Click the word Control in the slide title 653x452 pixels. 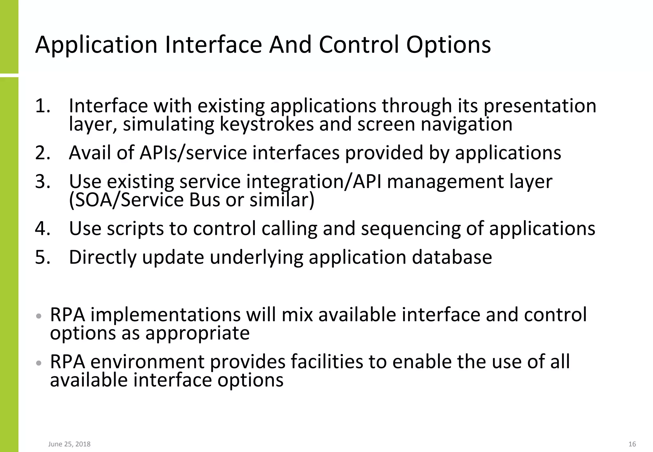point(359,45)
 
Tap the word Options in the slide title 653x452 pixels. point(448,45)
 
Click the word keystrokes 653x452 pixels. point(267,124)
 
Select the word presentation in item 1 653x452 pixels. point(540,106)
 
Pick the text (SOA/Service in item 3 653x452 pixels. point(126,200)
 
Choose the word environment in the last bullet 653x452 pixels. point(147,362)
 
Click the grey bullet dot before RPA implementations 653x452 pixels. point(39,316)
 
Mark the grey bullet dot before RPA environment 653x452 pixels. point(39,363)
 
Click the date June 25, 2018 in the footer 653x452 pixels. point(69,444)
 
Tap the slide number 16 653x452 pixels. point(632,444)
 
